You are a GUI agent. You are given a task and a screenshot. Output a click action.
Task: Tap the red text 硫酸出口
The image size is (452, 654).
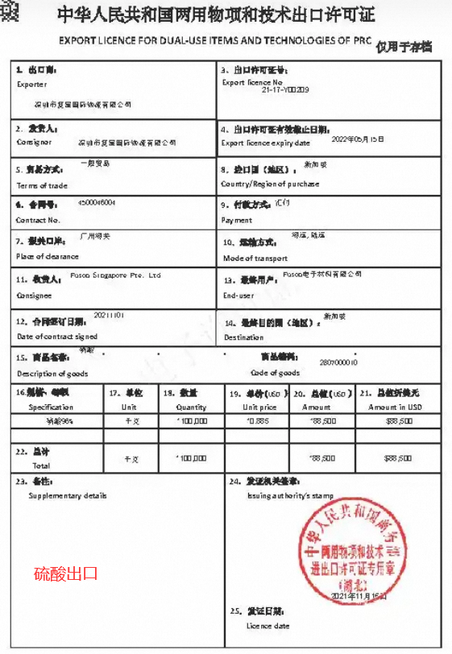coord(66,573)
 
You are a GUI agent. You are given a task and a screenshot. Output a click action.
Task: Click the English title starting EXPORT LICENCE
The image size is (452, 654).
coord(215,39)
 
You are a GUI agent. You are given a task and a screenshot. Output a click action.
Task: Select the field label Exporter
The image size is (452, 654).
coord(31,84)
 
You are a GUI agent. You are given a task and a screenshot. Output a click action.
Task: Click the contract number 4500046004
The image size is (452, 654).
coord(97,202)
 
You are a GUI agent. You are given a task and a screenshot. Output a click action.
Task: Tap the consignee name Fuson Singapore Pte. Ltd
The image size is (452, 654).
coord(116,275)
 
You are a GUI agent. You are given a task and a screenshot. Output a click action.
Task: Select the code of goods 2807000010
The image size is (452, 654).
coord(338,362)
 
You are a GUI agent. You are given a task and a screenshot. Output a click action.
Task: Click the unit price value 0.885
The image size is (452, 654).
coord(257,420)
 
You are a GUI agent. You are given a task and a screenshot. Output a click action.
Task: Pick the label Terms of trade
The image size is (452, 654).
coord(42,185)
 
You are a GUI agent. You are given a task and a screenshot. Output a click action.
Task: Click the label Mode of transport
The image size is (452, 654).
coord(255,259)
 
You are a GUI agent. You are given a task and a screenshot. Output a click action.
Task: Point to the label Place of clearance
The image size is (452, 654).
coord(48,256)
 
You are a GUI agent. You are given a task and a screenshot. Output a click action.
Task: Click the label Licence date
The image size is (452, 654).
coord(267,625)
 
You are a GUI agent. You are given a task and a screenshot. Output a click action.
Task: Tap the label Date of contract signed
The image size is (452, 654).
coord(57,336)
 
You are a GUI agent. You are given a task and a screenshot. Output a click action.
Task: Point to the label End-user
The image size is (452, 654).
coord(238,296)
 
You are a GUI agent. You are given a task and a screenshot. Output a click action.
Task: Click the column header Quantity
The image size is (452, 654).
coord(192,407)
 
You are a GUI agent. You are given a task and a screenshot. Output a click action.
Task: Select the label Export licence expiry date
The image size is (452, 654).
coord(265,143)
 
